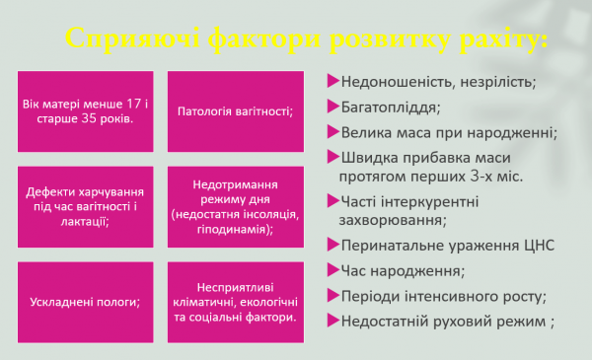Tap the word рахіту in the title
pos(482,40)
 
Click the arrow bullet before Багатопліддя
pos(333,106)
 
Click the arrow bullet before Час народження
pos(333,269)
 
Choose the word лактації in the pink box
pos(84,222)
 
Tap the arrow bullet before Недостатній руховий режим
pos(333,320)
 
